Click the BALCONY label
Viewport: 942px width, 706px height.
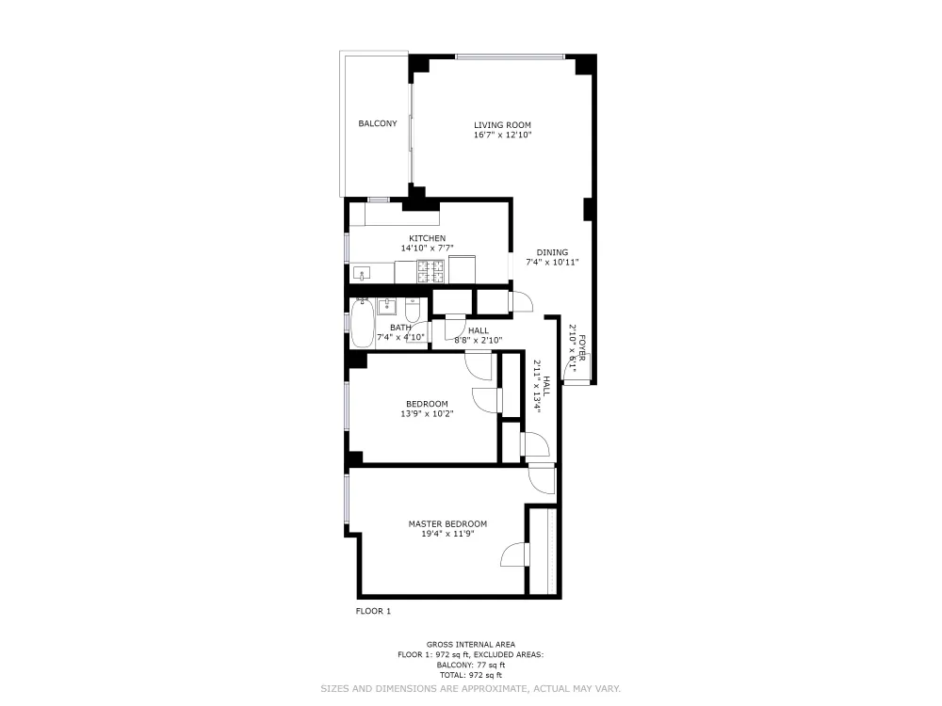click(x=377, y=123)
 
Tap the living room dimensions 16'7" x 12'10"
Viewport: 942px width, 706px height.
click(x=502, y=136)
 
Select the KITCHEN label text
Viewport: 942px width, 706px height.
click(x=427, y=238)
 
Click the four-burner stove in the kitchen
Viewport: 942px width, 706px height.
click(x=431, y=271)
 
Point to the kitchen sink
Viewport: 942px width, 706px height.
click(x=363, y=274)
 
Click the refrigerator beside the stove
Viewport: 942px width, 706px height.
click(x=462, y=268)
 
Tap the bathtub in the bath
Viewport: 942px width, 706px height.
click(x=362, y=325)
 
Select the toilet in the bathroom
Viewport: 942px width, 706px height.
click(x=414, y=310)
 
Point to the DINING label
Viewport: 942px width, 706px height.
click(x=552, y=252)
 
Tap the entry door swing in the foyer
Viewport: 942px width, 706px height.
click(x=571, y=375)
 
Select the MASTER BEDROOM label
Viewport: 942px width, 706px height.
click(x=447, y=523)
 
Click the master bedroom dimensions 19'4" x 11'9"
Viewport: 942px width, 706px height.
click(x=447, y=534)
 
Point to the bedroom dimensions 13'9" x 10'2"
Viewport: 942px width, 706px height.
click(x=427, y=413)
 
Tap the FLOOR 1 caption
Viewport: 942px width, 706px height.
click(x=372, y=611)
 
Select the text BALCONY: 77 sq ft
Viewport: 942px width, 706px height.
click(x=470, y=665)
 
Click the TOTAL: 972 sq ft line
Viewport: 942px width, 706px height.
click(x=470, y=675)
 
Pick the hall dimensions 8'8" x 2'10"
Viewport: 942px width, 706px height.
click(x=478, y=340)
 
